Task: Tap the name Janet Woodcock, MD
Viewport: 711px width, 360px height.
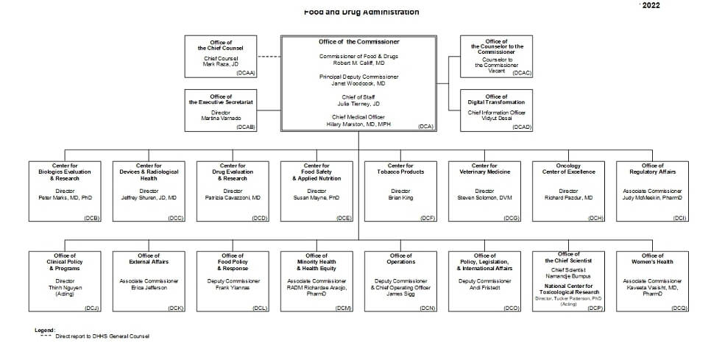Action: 358,83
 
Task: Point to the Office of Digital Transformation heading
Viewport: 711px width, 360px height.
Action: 497,99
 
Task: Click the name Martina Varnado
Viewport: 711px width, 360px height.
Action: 221,118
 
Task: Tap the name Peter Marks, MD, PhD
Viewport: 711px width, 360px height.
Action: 65,197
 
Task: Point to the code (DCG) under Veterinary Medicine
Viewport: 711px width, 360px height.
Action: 512,218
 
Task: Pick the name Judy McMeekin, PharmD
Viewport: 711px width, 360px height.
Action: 652,197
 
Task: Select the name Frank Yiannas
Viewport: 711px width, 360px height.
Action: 233,287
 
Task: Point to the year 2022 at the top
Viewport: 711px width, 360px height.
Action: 651,5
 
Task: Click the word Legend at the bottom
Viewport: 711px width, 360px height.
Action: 44,330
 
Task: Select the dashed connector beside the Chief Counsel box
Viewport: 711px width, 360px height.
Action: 270,57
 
